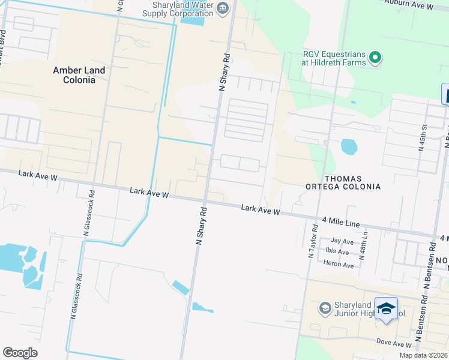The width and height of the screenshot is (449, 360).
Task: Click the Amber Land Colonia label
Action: tap(79, 75)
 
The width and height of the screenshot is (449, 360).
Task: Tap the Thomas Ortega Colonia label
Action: tap(352, 182)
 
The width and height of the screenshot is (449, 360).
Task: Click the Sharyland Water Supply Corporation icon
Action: tap(223, 8)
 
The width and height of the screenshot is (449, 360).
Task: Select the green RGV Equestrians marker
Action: tap(376, 58)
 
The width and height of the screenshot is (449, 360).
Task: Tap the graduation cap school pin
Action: tap(386, 309)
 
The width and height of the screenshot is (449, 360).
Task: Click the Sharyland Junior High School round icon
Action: tap(325, 308)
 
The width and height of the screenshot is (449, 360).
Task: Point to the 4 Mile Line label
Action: tap(340, 223)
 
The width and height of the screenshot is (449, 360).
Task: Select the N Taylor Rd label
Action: tap(312, 241)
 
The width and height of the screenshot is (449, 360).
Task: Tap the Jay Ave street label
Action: tap(342, 241)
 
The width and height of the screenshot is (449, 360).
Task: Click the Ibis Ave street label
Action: tap(337, 251)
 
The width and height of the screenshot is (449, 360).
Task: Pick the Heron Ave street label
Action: tap(339, 265)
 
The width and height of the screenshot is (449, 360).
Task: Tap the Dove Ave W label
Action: tap(394, 344)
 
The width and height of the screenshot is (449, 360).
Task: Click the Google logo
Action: tap(20, 353)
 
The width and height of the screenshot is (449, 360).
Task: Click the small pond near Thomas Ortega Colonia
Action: tap(348, 146)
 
